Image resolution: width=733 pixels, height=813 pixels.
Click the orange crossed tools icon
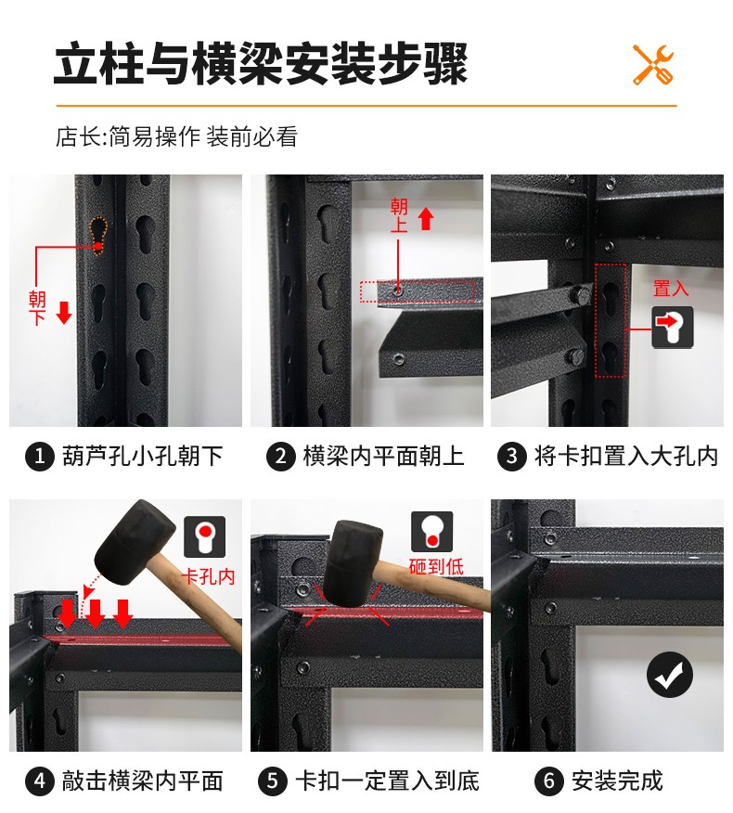[653, 65]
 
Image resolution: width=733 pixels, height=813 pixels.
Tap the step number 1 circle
[39, 457]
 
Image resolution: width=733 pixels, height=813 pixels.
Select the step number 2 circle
[281, 457]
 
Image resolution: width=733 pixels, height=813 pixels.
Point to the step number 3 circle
[511, 457]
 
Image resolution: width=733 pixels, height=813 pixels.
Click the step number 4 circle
[39, 781]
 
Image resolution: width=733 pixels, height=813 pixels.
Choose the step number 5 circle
[273, 781]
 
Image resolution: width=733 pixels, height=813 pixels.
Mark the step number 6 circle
[549, 781]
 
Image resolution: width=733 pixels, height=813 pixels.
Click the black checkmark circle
[670, 674]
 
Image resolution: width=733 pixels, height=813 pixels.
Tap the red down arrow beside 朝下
[64, 313]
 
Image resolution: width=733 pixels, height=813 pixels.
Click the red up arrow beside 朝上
[426, 218]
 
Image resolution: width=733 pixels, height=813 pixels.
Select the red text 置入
[671, 289]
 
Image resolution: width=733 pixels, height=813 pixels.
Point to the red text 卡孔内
[209, 576]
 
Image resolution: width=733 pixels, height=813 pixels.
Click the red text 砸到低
[436, 566]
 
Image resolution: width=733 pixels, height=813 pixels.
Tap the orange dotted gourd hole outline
[98, 236]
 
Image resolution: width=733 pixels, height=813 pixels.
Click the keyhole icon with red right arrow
[673, 327]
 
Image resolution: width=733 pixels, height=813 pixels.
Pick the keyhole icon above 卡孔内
[205, 536]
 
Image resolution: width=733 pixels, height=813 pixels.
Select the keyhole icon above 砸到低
[431, 532]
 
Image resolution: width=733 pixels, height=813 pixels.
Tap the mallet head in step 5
[352, 563]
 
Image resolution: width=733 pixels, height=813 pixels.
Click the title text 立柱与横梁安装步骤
[261, 64]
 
